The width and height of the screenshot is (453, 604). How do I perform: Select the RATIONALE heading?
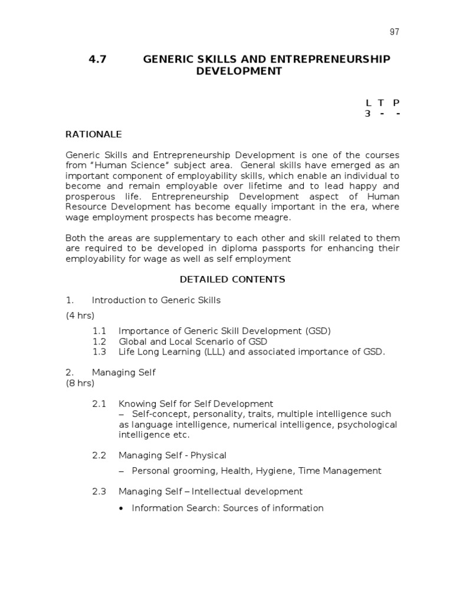(93, 134)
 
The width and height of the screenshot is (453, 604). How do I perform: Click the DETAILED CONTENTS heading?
(232, 280)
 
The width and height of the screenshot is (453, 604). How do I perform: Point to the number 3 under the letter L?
(367, 114)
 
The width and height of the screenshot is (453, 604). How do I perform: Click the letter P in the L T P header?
(396, 103)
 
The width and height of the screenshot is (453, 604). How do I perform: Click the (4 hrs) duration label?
(80, 316)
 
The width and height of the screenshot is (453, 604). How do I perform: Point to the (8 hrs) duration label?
(80, 383)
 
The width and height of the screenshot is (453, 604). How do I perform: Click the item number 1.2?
(99, 342)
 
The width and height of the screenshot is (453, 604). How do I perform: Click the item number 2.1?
(99, 404)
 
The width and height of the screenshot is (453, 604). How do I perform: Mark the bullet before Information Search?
(121, 508)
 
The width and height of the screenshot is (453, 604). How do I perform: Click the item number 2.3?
(99, 491)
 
